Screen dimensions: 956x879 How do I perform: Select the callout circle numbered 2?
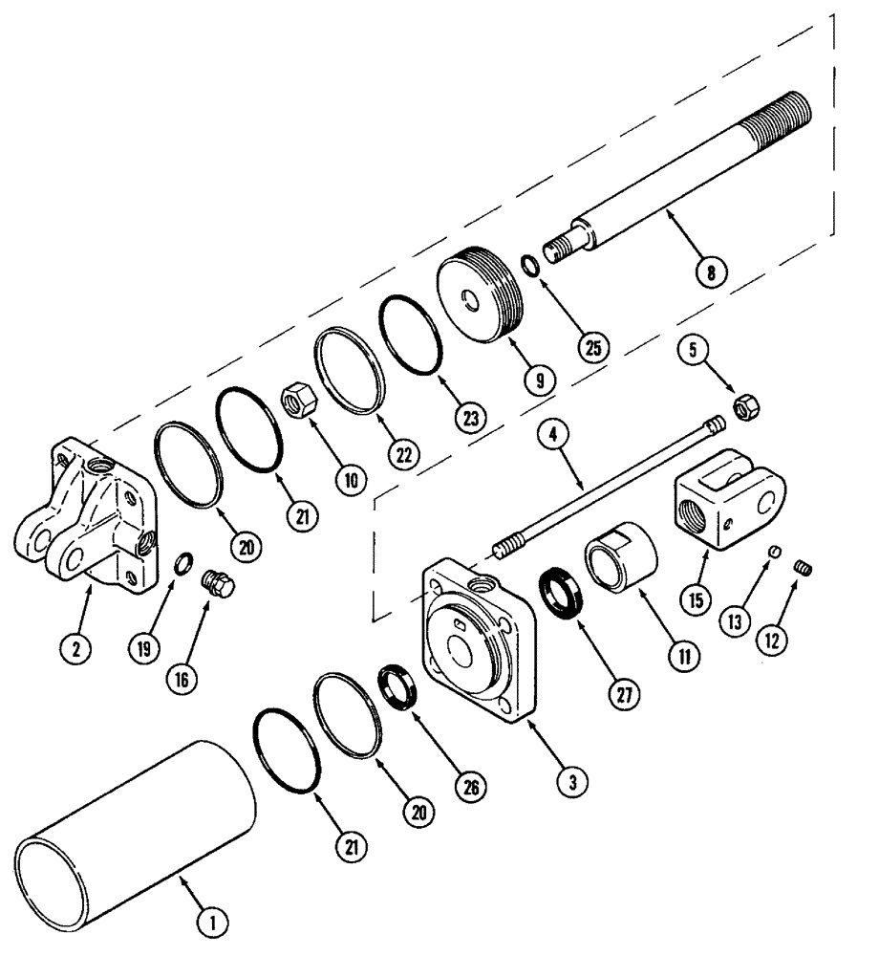(x=77, y=649)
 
